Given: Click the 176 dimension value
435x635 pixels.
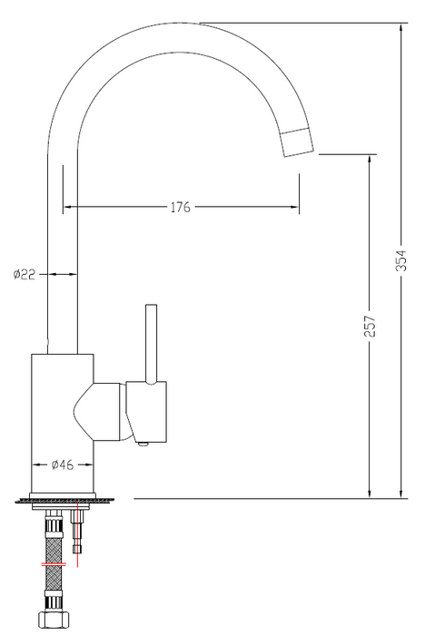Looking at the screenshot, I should pyautogui.click(x=180, y=208).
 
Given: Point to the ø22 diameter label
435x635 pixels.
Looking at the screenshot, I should pyautogui.click(x=25, y=273).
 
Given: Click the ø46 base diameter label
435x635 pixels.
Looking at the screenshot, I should pyautogui.click(x=62, y=464).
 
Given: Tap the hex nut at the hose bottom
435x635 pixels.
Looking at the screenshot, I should pyautogui.click(x=54, y=622).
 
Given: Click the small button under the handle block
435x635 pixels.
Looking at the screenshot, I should pyautogui.click(x=143, y=442).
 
